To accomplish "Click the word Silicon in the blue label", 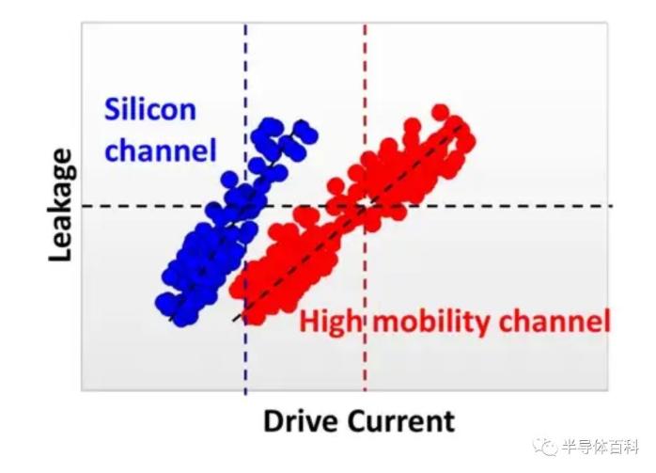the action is (150, 109).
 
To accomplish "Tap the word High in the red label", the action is (330, 323).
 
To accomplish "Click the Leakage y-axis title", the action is (61, 205).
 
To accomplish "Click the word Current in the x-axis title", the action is (401, 420).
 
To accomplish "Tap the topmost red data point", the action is (440, 113).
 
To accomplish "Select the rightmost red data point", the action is (467, 141).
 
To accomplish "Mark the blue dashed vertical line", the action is (245, 209).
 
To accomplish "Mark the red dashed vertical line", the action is (366, 207).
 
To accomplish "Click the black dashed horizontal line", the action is (347, 206).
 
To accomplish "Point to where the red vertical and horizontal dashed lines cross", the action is (366, 206).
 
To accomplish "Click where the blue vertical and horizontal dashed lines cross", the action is (245, 206).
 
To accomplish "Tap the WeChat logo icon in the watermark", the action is (544, 448).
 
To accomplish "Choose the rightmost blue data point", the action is (309, 135).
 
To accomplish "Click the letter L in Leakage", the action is (61, 253).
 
